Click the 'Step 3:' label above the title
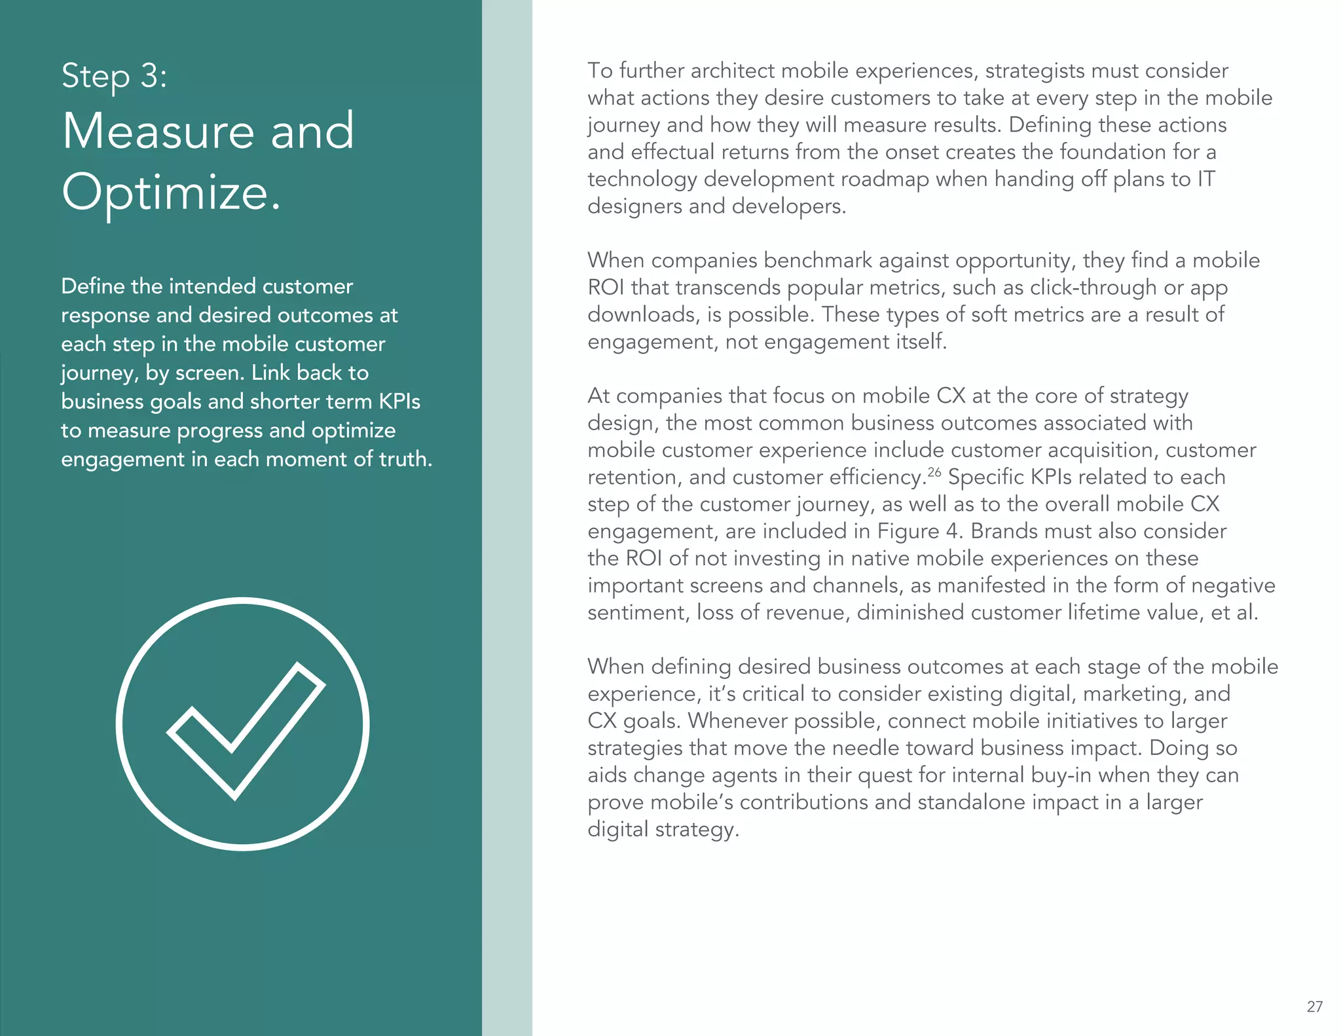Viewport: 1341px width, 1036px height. (x=114, y=76)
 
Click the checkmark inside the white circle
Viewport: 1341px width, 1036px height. (x=246, y=730)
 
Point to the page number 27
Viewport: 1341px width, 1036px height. (x=1314, y=1007)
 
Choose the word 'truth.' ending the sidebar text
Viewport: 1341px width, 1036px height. (x=406, y=459)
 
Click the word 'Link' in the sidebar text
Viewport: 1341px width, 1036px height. (x=270, y=373)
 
